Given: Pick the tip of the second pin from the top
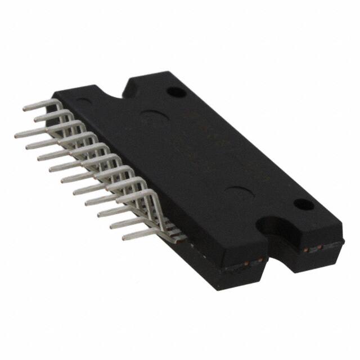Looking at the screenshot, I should tap(35, 119).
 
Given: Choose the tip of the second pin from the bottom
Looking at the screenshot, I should tap(111, 225).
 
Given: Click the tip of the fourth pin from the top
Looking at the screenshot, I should tap(27, 146).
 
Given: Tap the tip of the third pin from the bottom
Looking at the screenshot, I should tap(99, 213).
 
